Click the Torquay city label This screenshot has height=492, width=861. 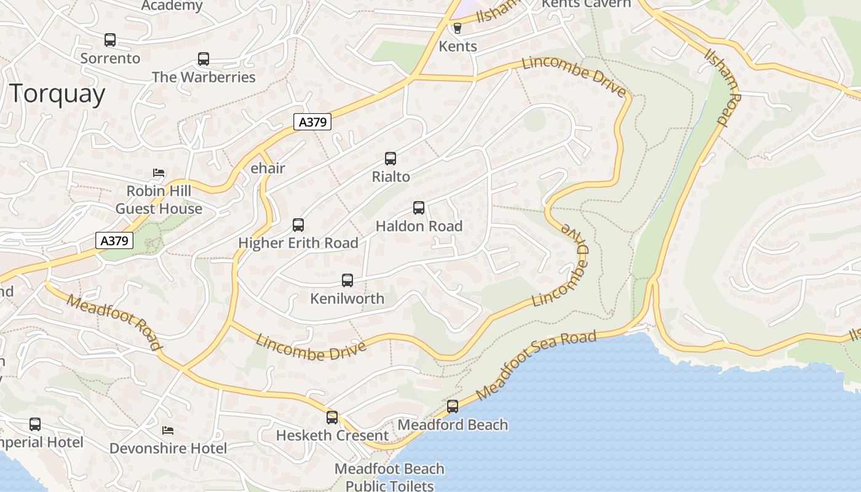(x=57, y=94)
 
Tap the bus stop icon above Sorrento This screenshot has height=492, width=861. (x=110, y=40)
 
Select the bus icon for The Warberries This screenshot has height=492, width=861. (x=204, y=59)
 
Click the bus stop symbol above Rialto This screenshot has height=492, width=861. (x=391, y=159)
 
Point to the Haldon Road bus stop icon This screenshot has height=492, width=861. (x=419, y=208)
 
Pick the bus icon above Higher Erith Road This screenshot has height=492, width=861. (x=298, y=225)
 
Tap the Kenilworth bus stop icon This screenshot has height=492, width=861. (x=347, y=280)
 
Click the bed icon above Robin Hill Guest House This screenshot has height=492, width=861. (x=159, y=173)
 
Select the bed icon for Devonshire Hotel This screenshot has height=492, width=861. (x=167, y=430)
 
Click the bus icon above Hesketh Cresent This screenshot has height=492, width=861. (x=332, y=418)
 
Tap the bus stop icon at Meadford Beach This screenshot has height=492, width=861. (x=453, y=407)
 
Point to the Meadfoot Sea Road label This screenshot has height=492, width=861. (x=536, y=365)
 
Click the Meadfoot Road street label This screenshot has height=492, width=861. (x=115, y=322)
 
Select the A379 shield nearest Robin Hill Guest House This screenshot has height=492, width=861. (x=115, y=240)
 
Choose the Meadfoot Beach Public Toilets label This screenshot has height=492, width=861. (x=389, y=477)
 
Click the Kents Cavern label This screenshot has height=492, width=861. (x=585, y=4)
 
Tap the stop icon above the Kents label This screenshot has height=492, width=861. (x=457, y=28)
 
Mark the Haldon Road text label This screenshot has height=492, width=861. (x=419, y=226)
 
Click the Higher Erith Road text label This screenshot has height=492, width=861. (x=298, y=243)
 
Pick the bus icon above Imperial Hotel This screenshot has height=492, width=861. (x=35, y=424)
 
